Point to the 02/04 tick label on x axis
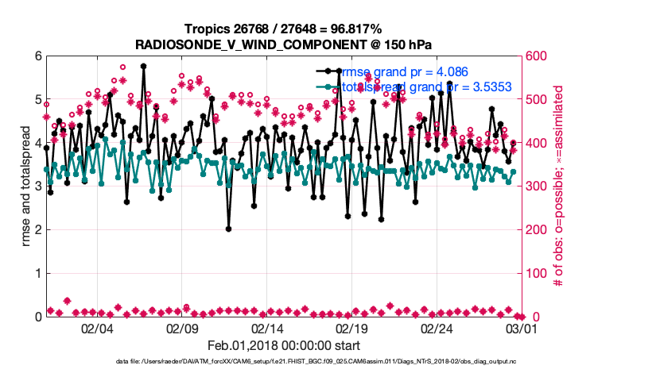point(97,329)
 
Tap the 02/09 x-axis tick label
point(182,329)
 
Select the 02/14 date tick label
point(267,329)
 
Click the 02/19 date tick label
point(352,329)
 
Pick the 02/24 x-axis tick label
point(437,329)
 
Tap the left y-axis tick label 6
point(37,56)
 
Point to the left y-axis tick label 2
point(37,230)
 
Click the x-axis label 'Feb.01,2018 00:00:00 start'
point(283,345)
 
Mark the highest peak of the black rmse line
point(143,66)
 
